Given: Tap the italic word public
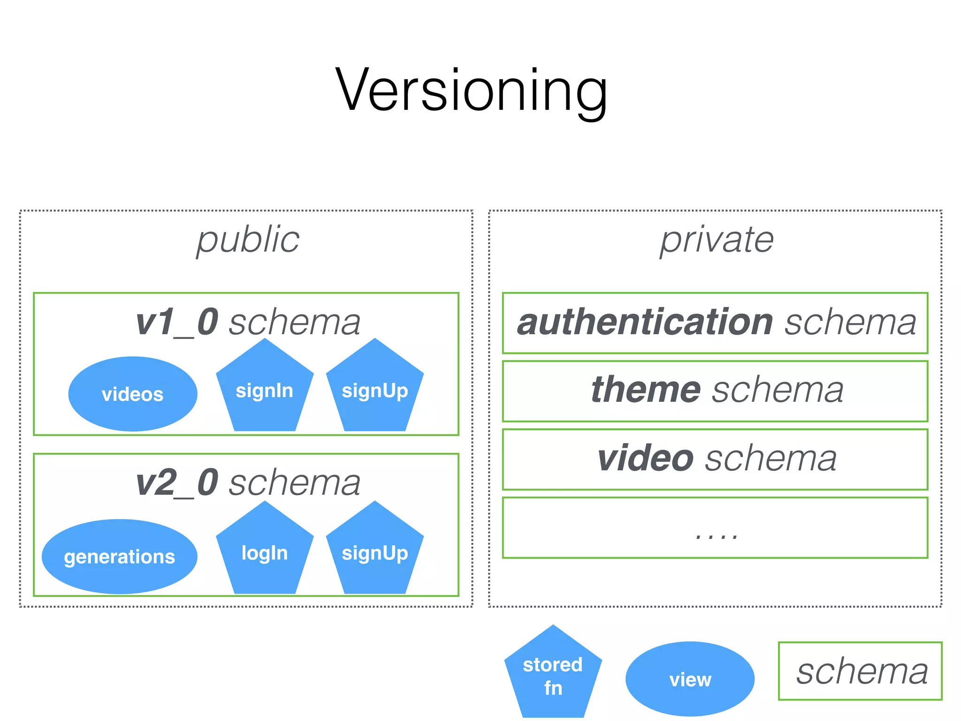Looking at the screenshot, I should (x=248, y=239).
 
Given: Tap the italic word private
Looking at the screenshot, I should (x=717, y=239).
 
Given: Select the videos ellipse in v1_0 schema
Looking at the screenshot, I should (x=133, y=394).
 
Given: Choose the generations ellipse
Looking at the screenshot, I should (x=120, y=556).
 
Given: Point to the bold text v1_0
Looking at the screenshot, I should (x=177, y=322).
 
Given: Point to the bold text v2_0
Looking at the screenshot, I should (x=177, y=483).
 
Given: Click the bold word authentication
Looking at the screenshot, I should (x=645, y=322).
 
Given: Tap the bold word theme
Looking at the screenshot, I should (x=646, y=390).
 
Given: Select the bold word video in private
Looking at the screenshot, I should (x=645, y=458).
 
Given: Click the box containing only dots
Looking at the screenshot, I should (x=715, y=528).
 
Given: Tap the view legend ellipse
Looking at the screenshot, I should (x=690, y=679).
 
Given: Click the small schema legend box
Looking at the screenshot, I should (x=860, y=671).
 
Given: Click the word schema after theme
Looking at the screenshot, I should (x=778, y=390).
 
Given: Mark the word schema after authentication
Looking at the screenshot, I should (x=850, y=322).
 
